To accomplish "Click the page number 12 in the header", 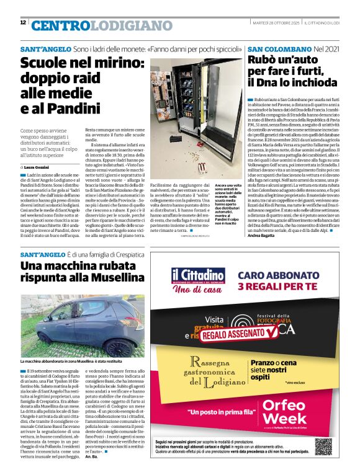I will point(23,22).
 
